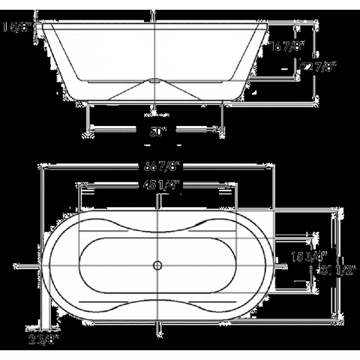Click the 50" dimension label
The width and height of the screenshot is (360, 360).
coord(156,130)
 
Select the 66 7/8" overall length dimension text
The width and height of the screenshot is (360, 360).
coord(156,167)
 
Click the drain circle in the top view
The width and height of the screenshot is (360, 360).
coord(157,265)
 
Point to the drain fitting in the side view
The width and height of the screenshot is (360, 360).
coord(155,79)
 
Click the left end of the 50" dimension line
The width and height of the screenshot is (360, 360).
coord(91,130)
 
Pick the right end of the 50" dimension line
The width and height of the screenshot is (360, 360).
coord(222,130)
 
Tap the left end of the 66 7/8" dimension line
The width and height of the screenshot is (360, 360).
coord(43,167)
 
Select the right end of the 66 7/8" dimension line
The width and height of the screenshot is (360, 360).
coord(272,167)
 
